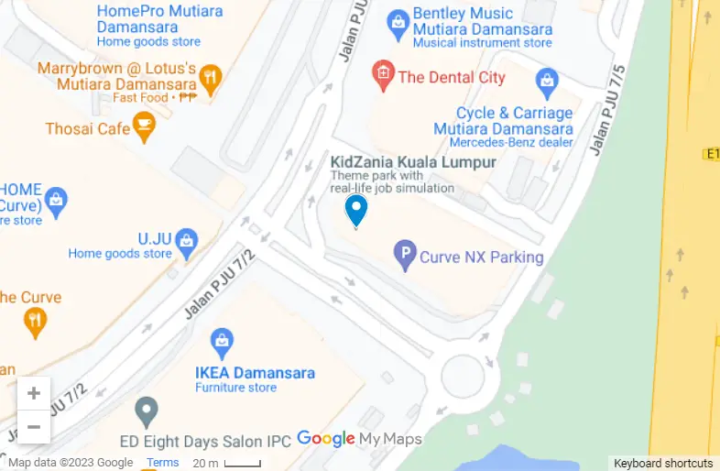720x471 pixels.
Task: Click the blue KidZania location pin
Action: pyautogui.click(x=355, y=210)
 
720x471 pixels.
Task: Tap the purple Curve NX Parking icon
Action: pyautogui.click(x=405, y=256)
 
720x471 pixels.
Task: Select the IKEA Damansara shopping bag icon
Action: pyautogui.click(x=222, y=344)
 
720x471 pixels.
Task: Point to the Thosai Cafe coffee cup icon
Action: pyautogui.click(x=144, y=127)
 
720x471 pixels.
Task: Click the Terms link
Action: pyautogui.click(x=163, y=463)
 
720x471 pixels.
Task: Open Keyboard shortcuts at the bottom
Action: pyautogui.click(x=663, y=463)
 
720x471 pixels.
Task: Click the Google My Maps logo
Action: pyautogui.click(x=359, y=439)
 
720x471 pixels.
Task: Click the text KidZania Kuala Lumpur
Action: pyautogui.click(x=413, y=162)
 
